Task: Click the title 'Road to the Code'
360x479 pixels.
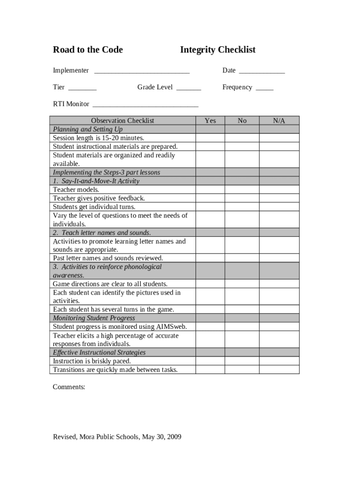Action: tap(88, 50)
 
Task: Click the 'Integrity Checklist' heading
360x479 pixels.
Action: tap(217, 50)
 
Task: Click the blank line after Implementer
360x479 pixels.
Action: tap(142, 72)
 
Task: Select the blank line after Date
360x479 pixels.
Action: tap(261, 72)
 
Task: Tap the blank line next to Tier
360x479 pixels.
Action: tap(82, 88)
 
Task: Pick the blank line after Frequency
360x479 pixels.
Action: tap(265, 88)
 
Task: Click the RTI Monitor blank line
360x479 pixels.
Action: tap(145, 105)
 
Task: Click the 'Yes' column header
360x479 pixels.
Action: tap(210, 121)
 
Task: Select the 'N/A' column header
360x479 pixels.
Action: tap(279, 121)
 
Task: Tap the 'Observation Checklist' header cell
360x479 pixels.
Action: tap(122, 121)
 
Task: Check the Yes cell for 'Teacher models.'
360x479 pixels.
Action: tap(210, 190)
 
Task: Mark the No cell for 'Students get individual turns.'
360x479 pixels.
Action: tap(242, 207)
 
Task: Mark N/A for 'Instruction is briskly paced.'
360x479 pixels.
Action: tap(279, 361)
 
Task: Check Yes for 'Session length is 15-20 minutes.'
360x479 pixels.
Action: tap(210, 138)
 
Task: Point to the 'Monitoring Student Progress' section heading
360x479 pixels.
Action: tap(94, 318)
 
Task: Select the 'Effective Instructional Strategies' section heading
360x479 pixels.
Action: tap(99, 353)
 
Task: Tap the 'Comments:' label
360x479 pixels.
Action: tap(69, 387)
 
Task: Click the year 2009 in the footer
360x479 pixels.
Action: tap(173, 437)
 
